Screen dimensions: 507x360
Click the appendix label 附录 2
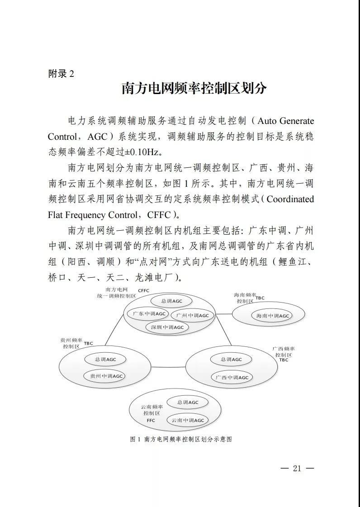pos(61,74)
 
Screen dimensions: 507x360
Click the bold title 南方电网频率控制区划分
pos(194,89)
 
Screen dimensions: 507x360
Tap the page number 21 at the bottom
pos(297,468)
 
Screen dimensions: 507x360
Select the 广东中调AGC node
pos(147,313)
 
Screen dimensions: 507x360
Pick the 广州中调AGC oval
pos(193,315)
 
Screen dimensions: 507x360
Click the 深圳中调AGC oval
pos(167,327)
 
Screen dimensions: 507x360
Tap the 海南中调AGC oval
pos(272,316)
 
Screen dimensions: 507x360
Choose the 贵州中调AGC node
pos(106,376)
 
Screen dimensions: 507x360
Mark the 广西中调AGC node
pos(232,377)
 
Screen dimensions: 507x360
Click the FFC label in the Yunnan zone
pos(151,421)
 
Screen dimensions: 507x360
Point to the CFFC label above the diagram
pos(143,290)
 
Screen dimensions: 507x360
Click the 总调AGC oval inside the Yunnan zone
pos(188,402)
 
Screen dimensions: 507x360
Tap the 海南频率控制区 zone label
pos(244,298)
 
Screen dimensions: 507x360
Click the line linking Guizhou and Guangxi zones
pos(168,367)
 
